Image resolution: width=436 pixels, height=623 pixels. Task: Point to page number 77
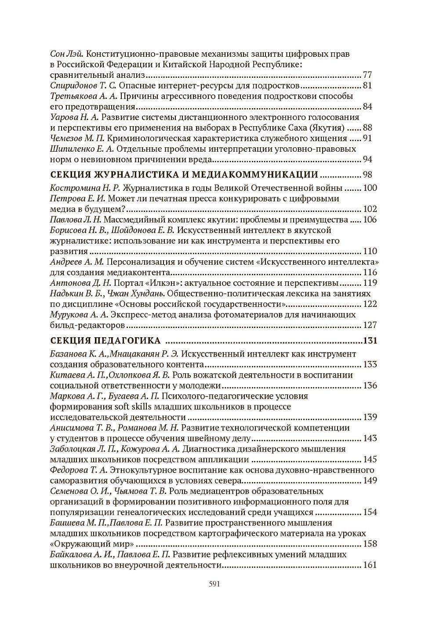[368, 75]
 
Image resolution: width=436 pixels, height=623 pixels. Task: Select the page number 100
[371, 188]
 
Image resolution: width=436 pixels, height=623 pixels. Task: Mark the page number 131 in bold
[370, 341]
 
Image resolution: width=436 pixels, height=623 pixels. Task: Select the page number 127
[371, 325]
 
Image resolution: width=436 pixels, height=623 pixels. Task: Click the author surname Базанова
[69, 354]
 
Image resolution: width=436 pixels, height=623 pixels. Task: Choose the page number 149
[371, 480]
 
